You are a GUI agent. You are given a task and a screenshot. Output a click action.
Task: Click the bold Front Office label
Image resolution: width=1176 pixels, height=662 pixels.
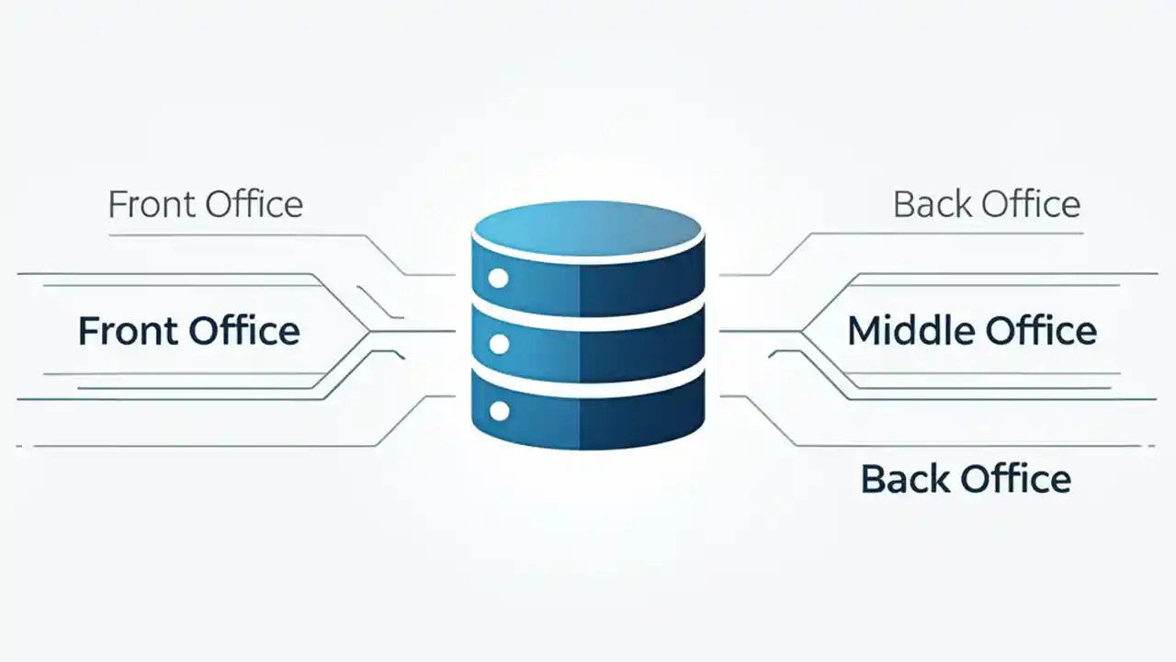tap(188, 331)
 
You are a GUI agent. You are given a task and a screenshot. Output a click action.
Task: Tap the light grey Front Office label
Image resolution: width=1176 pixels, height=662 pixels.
tap(205, 204)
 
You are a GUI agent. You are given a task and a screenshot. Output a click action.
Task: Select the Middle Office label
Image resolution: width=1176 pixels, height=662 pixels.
tap(971, 331)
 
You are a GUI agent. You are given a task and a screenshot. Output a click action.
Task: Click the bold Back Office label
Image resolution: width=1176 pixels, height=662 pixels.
tap(966, 479)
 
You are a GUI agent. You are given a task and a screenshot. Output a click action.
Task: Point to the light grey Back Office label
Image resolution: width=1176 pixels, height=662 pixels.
tap(986, 204)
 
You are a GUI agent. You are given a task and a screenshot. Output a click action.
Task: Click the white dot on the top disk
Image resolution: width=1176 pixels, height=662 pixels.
tap(499, 279)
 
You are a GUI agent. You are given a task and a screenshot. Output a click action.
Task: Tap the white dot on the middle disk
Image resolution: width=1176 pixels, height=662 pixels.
tap(499, 344)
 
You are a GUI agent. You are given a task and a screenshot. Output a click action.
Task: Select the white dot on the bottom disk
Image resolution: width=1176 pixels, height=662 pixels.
tap(499, 411)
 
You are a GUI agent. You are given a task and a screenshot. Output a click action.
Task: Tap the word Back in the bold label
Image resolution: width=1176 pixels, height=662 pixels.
tap(903, 479)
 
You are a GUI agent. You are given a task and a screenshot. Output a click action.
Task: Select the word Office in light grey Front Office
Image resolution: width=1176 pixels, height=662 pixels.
tap(254, 204)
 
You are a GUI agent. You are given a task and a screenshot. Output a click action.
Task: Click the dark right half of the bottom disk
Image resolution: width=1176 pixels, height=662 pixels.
tap(643, 418)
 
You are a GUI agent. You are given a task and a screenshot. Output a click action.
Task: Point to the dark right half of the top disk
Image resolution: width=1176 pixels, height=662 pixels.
tap(643, 285)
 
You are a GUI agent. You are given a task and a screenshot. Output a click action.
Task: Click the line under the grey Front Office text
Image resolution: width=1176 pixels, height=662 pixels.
tap(230, 235)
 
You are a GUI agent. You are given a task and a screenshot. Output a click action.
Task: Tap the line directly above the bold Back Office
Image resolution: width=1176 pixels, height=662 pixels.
tap(965, 446)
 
